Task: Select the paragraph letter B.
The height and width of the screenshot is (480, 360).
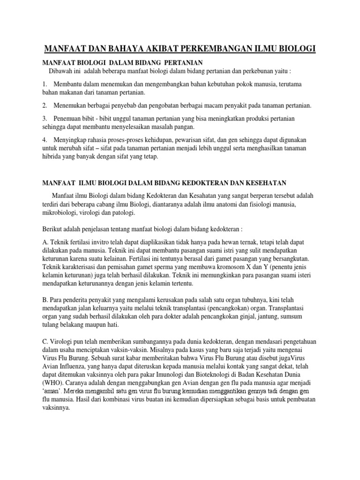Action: coord(45,299)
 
